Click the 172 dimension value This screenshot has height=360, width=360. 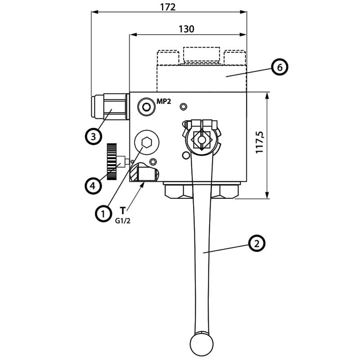pyautogui.click(x=168, y=7)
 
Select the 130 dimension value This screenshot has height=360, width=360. pyautogui.click(x=186, y=29)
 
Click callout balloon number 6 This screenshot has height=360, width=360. pyautogui.click(x=279, y=67)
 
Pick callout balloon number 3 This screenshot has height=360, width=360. pyautogui.click(x=93, y=136)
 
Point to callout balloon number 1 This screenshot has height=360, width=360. pyautogui.click(x=103, y=213)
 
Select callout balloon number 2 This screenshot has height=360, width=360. pyautogui.click(x=256, y=243)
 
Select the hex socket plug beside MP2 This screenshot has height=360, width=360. pyautogui.click(x=146, y=107)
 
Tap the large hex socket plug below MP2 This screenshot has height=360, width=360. pyautogui.click(x=146, y=143)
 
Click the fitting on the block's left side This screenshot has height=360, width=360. pyautogui.click(x=110, y=106)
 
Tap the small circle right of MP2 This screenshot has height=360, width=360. pyautogui.click(x=183, y=106)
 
